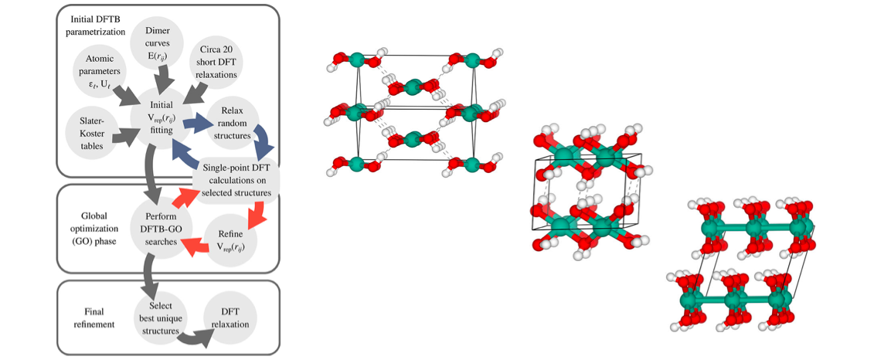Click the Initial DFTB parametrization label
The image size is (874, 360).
(x=92, y=25)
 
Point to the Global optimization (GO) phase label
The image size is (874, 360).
(x=87, y=229)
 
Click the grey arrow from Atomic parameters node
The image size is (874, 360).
(x=124, y=95)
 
